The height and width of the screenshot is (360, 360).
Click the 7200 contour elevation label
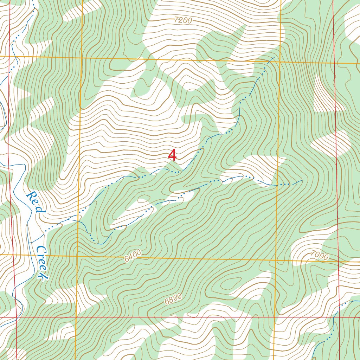183,20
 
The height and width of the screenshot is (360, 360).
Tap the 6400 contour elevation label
133,256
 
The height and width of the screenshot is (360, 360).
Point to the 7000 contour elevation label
320,256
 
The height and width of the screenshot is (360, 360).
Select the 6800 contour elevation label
173,299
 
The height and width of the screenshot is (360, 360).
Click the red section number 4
172,155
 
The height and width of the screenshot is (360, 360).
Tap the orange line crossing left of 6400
77,256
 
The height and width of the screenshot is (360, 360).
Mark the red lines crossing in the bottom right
340,317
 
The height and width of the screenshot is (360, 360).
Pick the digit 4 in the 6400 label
130,258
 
